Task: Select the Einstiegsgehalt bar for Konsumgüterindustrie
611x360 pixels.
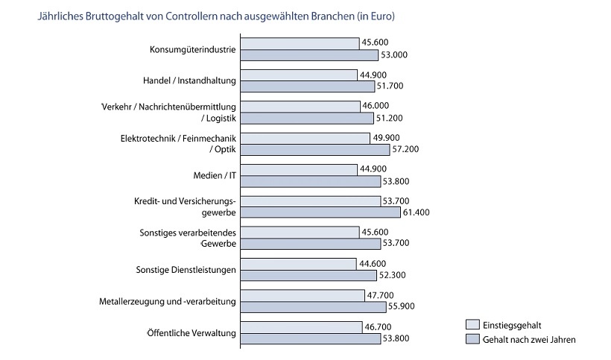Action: pyautogui.click(x=300, y=44)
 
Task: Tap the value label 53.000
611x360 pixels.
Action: pyautogui.click(x=394, y=54)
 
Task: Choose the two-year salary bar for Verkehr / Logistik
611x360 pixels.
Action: pyautogui.click(x=308, y=118)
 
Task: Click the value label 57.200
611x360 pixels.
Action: pyautogui.click(x=408, y=149)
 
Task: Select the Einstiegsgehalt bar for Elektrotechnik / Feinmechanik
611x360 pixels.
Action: pyautogui.click(x=306, y=139)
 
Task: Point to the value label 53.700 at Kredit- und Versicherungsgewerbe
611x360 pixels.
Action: pyautogui.click(x=396, y=202)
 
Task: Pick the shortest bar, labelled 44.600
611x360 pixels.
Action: pyautogui.click(x=300, y=264)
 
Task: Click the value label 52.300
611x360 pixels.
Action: pyautogui.click(x=392, y=275)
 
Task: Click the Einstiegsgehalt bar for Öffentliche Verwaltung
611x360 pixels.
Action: pyautogui.click(x=302, y=327)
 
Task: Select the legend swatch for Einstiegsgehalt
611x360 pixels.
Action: pyautogui.click(x=472, y=325)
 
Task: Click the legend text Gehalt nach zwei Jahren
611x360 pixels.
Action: pyautogui.click(x=530, y=339)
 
